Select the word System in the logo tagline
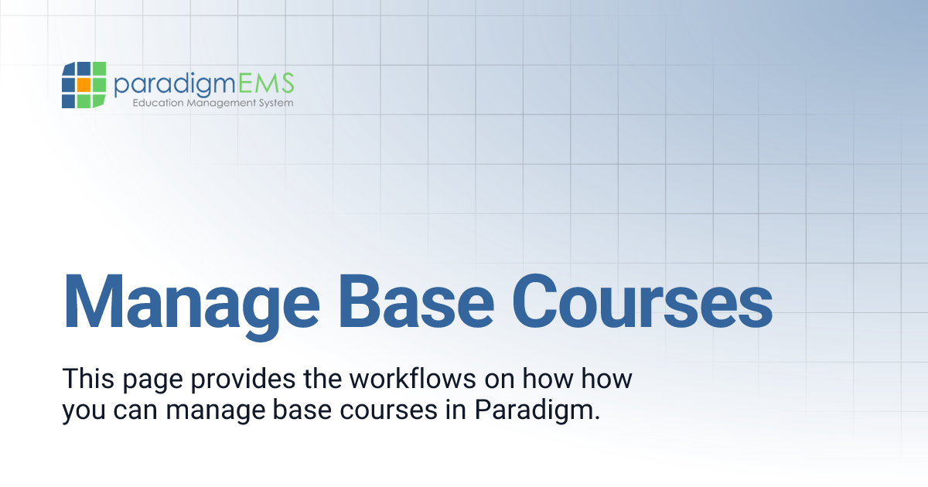tap(275, 103)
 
